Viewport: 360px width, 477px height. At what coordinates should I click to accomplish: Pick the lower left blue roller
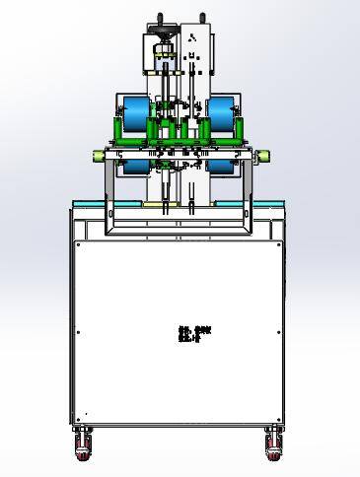click(x=131, y=167)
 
